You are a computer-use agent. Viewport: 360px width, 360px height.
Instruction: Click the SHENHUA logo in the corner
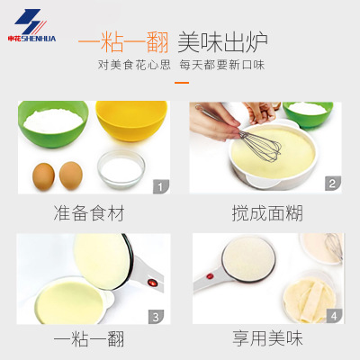click(31, 25)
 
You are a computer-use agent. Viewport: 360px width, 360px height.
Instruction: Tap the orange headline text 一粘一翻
click(123, 41)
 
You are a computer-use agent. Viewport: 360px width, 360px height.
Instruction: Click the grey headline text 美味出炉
click(222, 41)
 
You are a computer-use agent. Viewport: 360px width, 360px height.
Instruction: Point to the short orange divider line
click(182, 83)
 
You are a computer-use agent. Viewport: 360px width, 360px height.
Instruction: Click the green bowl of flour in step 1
click(53, 123)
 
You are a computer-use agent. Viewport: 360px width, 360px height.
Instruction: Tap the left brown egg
click(43, 176)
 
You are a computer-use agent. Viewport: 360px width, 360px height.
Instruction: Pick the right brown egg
click(71, 175)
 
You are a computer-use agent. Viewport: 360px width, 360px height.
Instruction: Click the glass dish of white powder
click(121, 170)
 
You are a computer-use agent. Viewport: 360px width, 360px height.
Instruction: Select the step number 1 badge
click(161, 186)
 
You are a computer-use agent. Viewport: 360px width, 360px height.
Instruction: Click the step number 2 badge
click(333, 184)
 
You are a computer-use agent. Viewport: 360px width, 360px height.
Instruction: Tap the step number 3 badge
click(156, 317)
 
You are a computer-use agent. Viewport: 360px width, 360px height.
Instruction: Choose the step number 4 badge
click(334, 316)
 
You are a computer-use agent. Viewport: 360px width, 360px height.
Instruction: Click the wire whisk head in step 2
click(260, 147)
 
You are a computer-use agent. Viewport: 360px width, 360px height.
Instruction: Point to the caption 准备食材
click(89, 213)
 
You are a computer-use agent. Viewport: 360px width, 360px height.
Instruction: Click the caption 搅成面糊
click(267, 213)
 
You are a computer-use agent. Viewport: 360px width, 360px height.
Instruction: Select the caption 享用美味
click(267, 338)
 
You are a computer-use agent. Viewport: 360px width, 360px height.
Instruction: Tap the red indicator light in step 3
click(152, 283)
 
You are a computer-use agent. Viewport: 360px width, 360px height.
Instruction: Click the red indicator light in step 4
click(210, 275)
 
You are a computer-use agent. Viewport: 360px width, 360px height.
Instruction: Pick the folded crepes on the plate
click(309, 299)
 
